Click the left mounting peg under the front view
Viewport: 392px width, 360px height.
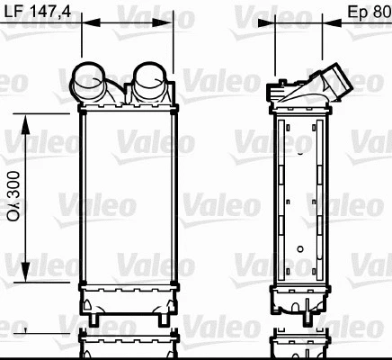tap(93, 319)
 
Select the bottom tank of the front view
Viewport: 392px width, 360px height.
tap(127, 298)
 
